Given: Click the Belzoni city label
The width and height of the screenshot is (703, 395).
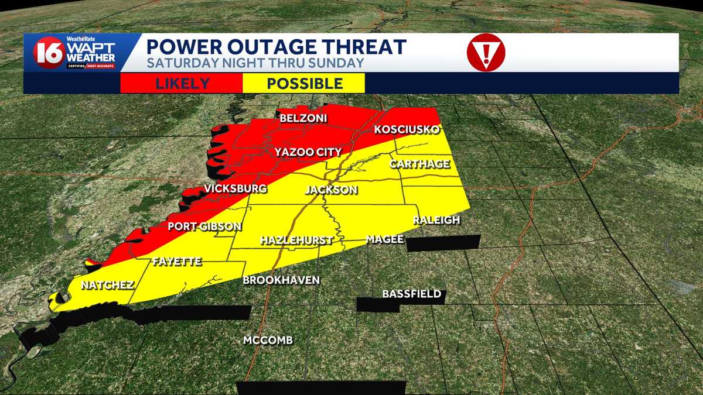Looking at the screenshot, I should click(303, 119).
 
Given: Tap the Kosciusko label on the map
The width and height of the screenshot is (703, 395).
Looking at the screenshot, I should click(407, 130).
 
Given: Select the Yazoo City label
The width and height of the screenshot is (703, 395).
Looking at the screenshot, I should click(308, 153).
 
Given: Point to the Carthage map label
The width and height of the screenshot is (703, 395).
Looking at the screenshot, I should click(420, 164).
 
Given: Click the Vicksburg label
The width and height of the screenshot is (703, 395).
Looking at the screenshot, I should click(236, 189).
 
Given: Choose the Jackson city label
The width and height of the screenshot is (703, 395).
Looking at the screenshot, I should click(331, 190).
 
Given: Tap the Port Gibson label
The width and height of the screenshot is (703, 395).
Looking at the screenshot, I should click(204, 226).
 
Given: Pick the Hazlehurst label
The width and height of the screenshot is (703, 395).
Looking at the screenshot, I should click(296, 241).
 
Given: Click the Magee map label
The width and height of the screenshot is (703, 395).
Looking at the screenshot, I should click(385, 239).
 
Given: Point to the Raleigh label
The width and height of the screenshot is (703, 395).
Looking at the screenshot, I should click(436, 220).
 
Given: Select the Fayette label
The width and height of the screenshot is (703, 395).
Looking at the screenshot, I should click(177, 262).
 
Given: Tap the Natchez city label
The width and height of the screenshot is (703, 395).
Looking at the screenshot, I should click(108, 286).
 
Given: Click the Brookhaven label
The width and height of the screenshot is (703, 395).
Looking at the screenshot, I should click(281, 280).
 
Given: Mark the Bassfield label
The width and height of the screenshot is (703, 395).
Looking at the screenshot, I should click(411, 294).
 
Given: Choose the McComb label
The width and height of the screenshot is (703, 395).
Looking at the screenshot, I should click(268, 341).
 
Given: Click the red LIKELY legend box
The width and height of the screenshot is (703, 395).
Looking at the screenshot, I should click(182, 83).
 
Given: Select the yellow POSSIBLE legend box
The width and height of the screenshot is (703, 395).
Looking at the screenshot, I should click(304, 83).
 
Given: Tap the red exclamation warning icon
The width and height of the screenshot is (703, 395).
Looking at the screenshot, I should click(486, 53).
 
